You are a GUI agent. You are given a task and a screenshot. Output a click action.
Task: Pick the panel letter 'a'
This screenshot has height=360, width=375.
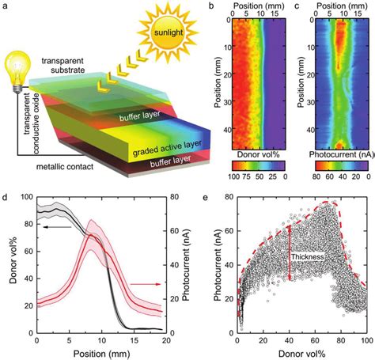click(x=7, y=6)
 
